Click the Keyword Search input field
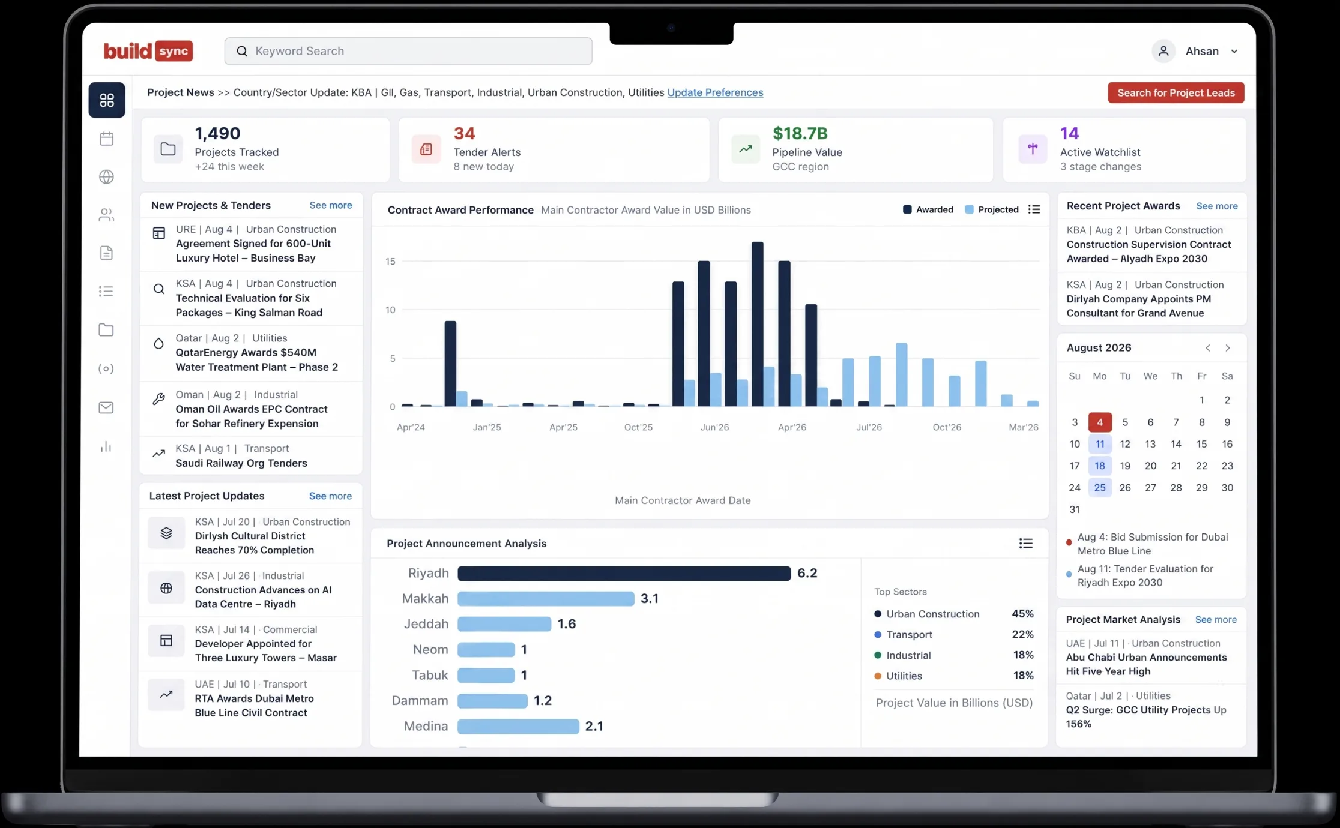pos(408,51)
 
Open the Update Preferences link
pos(715,92)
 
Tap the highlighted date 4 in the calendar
pos(1100,422)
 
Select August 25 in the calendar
pos(1100,488)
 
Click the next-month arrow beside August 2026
pos(1228,348)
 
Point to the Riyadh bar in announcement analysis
pos(624,573)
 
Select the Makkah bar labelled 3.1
pos(546,599)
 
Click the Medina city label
pos(426,726)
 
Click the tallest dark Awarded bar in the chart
pos(758,324)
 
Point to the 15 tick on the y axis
pos(390,262)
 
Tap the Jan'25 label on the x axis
pos(487,427)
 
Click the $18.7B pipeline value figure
pos(800,133)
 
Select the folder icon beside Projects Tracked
pos(168,149)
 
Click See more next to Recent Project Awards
pos(1217,206)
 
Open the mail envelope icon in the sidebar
pos(106,408)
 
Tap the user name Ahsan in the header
pos(1202,52)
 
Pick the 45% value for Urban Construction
pos(1022,614)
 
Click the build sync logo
pos(148,51)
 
